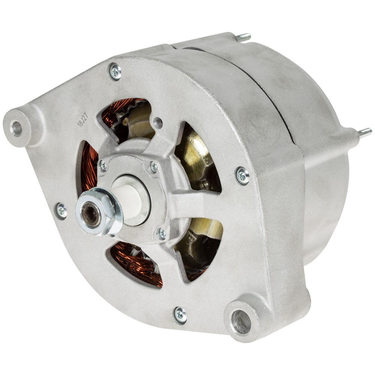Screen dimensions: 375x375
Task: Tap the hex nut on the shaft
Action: pyautogui.click(x=99, y=211)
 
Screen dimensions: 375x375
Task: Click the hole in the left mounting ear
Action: pyautogui.click(x=16, y=128)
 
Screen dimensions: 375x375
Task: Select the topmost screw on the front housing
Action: pyautogui.click(x=116, y=71)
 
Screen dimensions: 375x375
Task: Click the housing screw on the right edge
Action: pyautogui.click(x=243, y=176)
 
